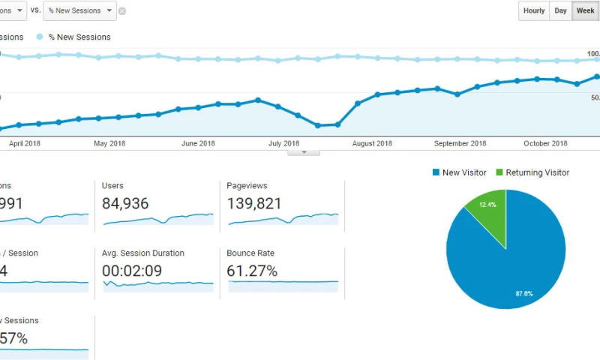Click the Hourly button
click(534, 10)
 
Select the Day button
click(560, 10)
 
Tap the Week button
click(585, 10)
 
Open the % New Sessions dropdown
click(79, 10)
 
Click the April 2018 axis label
click(24, 143)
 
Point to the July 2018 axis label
click(283, 143)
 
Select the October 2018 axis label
click(545, 143)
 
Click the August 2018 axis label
click(372, 143)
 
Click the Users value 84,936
click(125, 203)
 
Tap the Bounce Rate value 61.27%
click(252, 271)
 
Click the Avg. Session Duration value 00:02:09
click(132, 271)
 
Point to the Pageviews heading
click(247, 185)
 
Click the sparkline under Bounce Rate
click(283, 282)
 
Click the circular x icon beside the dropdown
click(122, 11)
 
